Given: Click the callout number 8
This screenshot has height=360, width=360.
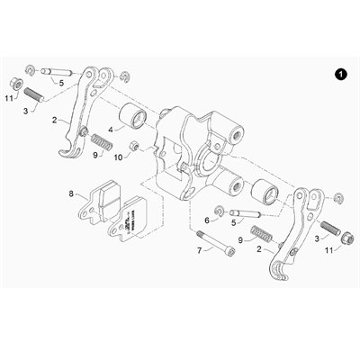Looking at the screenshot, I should (x=71, y=193).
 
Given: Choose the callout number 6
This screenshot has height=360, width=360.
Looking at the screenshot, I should (x=206, y=219).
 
